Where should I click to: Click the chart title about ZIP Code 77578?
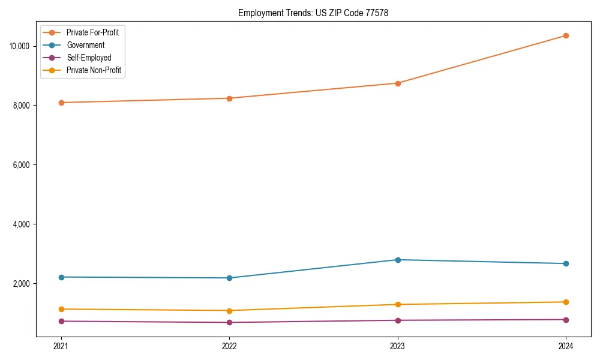[313, 13]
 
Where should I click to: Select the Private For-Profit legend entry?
[92, 32]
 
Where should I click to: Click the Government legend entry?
[85, 45]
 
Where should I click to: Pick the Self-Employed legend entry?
[89, 58]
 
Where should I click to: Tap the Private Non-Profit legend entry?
[94, 70]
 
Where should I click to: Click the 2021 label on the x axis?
[61, 346]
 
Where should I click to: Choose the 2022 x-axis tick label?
[229, 346]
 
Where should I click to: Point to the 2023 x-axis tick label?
[398, 346]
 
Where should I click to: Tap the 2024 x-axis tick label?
[566, 346]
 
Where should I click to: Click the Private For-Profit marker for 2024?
[566, 35]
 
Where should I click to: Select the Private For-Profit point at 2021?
[61, 103]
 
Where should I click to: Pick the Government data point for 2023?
[398, 260]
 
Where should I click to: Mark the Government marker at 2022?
[229, 278]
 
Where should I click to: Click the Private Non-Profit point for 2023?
[398, 304]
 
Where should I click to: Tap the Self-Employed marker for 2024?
[566, 319]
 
